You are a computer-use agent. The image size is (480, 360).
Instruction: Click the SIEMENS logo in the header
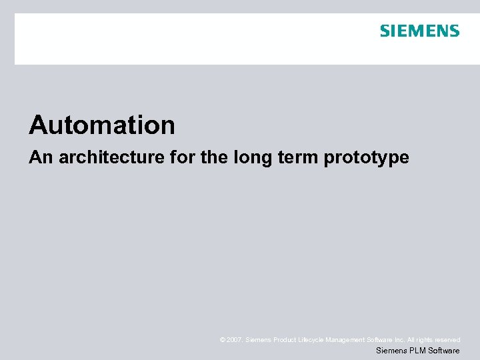pos(419,31)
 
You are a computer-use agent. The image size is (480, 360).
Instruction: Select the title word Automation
pos(102,125)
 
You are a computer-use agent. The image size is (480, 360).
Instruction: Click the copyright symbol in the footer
pos(222,340)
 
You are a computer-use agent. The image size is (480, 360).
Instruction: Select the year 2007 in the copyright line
pos(234,340)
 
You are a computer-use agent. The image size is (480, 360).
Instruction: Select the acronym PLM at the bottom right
pos(416,351)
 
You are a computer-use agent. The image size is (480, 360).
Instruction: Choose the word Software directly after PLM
pos(444,351)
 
